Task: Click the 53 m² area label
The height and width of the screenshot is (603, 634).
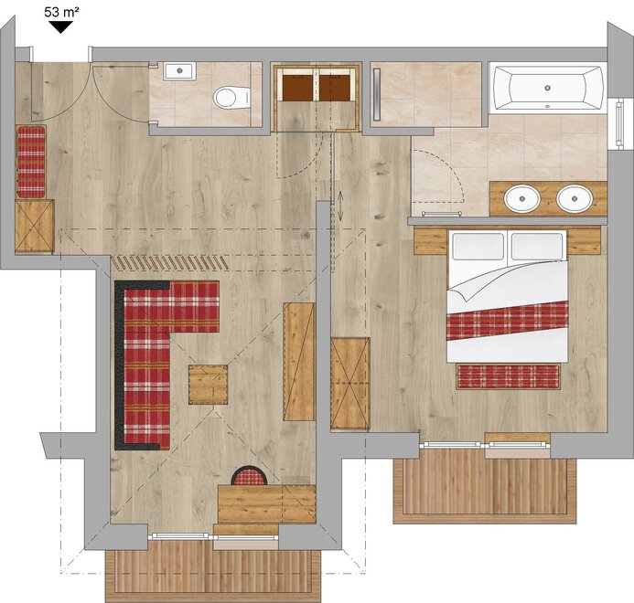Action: click(x=61, y=12)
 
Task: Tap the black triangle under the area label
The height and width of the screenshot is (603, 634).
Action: click(x=60, y=26)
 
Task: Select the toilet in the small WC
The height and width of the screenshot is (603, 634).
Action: click(x=231, y=98)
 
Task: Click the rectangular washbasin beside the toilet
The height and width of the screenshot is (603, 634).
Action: click(x=179, y=70)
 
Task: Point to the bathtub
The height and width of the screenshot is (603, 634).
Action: click(x=548, y=88)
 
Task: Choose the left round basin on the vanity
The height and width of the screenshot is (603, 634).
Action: click(x=522, y=198)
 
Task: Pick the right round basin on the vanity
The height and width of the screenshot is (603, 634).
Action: click(x=575, y=198)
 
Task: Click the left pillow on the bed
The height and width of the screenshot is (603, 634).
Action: click(x=478, y=247)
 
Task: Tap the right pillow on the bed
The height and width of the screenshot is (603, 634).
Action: click(x=536, y=247)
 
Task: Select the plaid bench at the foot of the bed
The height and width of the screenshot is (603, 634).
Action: click(x=509, y=376)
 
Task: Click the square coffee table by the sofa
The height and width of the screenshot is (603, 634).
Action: click(x=209, y=385)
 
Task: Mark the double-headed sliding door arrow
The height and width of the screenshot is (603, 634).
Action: click(x=340, y=206)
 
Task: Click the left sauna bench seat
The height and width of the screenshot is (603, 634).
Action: click(x=297, y=88)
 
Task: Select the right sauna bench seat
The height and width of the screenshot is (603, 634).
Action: click(x=335, y=88)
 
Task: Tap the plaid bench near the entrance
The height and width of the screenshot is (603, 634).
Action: click(x=31, y=162)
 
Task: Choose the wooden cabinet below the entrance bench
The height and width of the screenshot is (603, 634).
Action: click(x=35, y=226)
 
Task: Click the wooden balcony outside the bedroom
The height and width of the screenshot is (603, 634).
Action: click(x=485, y=486)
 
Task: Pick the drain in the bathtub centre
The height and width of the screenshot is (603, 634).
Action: click(x=548, y=88)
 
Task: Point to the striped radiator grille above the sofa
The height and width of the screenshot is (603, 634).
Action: click(x=170, y=262)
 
